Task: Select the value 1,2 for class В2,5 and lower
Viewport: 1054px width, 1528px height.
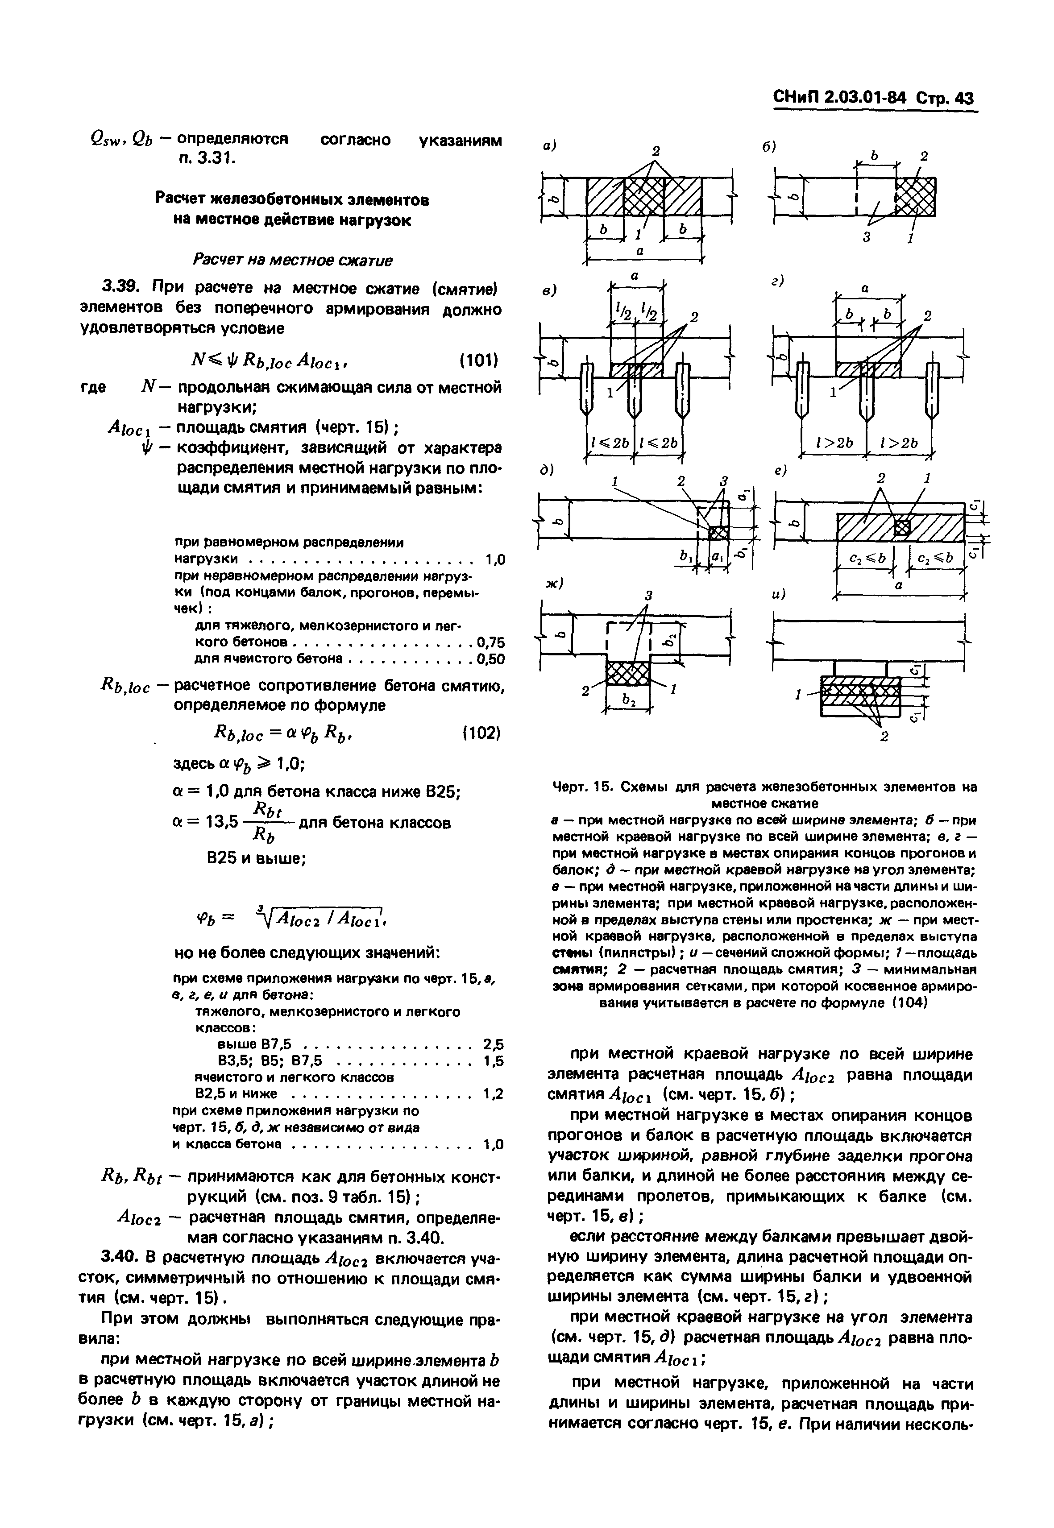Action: [493, 1094]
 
